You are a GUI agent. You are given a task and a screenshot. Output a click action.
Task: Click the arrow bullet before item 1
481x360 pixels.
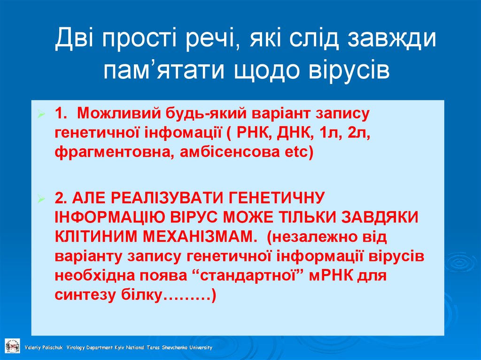click(41, 115)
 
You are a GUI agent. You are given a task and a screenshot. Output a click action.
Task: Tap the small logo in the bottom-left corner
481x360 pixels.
click(12, 345)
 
